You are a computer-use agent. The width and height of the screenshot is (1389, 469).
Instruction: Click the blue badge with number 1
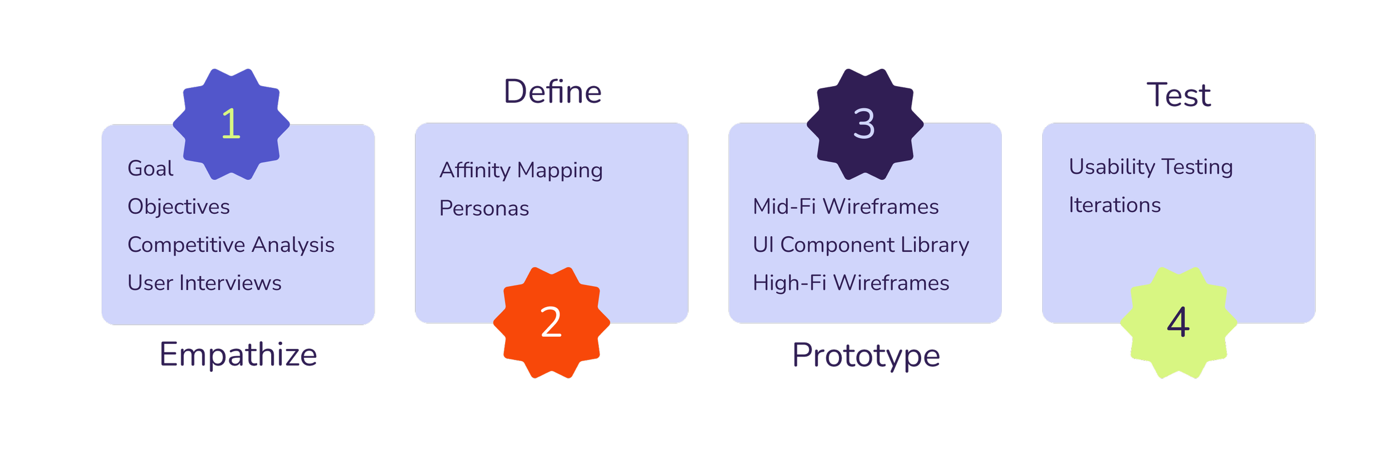tap(231, 124)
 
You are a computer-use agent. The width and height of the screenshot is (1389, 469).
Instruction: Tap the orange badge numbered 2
tap(551, 322)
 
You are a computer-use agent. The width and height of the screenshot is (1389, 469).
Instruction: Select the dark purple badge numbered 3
tap(865, 124)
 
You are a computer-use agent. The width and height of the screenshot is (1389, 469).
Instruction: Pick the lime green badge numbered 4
tap(1178, 322)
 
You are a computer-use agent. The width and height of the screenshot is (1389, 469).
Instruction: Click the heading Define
tap(552, 92)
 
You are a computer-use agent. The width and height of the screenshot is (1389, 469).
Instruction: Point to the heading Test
tap(1178, 95)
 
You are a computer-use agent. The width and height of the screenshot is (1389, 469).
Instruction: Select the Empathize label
tap(238, 355)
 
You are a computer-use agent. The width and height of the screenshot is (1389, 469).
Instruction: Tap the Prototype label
tap(866, 356)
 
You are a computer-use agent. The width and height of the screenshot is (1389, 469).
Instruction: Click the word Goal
tap(150, 168)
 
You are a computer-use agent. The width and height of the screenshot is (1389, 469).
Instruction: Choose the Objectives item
tap(178, 207)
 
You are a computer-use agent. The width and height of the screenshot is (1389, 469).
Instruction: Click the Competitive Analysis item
tap(231, 245)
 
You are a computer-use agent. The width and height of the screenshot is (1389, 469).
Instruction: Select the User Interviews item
tap(204, 283)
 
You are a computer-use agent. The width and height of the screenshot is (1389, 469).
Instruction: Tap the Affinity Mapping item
tap(521, 170)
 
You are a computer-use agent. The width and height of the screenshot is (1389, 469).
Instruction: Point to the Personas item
tap(484, 208)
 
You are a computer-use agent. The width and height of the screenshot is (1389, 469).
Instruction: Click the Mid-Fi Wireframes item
tap(846, 207)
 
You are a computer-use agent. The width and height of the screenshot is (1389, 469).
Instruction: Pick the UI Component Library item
tap(861, 245)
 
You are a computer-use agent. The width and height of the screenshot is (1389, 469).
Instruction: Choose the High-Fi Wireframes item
tap(851, 283)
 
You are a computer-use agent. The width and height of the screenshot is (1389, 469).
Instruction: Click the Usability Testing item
tap(1151, 167)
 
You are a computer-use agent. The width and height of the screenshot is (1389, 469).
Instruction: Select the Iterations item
tap(1115, 206)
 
